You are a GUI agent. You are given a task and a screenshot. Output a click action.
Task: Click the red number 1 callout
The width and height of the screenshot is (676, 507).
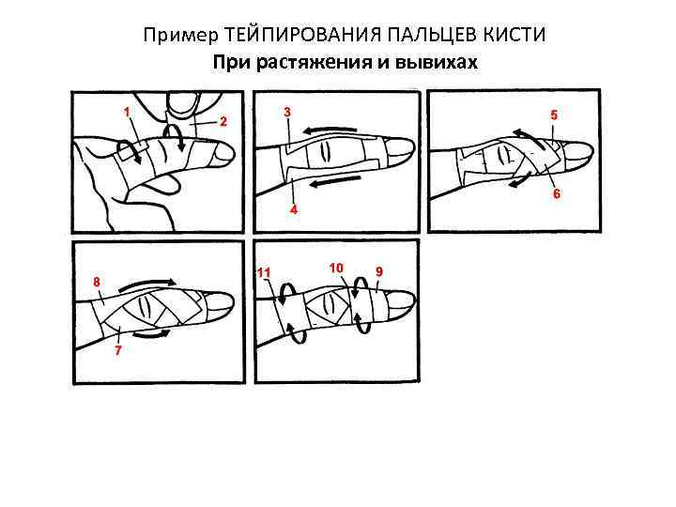[x=127, y=111]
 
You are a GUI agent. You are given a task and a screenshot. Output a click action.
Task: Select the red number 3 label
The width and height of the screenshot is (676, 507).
[x=287, y=112]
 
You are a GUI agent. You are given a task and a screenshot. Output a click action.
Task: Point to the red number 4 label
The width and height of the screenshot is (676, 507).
[x=294, y=210]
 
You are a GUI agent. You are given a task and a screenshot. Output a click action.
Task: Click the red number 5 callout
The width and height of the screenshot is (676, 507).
[x=554, y=115]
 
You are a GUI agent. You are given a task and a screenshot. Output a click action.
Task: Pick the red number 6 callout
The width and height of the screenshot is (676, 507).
[x=557, y=194]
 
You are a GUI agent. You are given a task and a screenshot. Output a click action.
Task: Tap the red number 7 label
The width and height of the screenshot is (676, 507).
[x=117, y=351]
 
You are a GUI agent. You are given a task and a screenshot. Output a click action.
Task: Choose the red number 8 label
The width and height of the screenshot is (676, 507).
[x=96, y=281]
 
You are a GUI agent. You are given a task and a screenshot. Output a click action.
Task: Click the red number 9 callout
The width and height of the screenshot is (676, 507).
[x=378, y=271]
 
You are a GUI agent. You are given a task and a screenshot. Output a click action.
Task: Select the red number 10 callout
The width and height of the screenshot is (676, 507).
[x=336, y=268]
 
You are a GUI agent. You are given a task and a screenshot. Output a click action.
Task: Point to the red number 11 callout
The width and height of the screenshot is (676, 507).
[x=265, y=272]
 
